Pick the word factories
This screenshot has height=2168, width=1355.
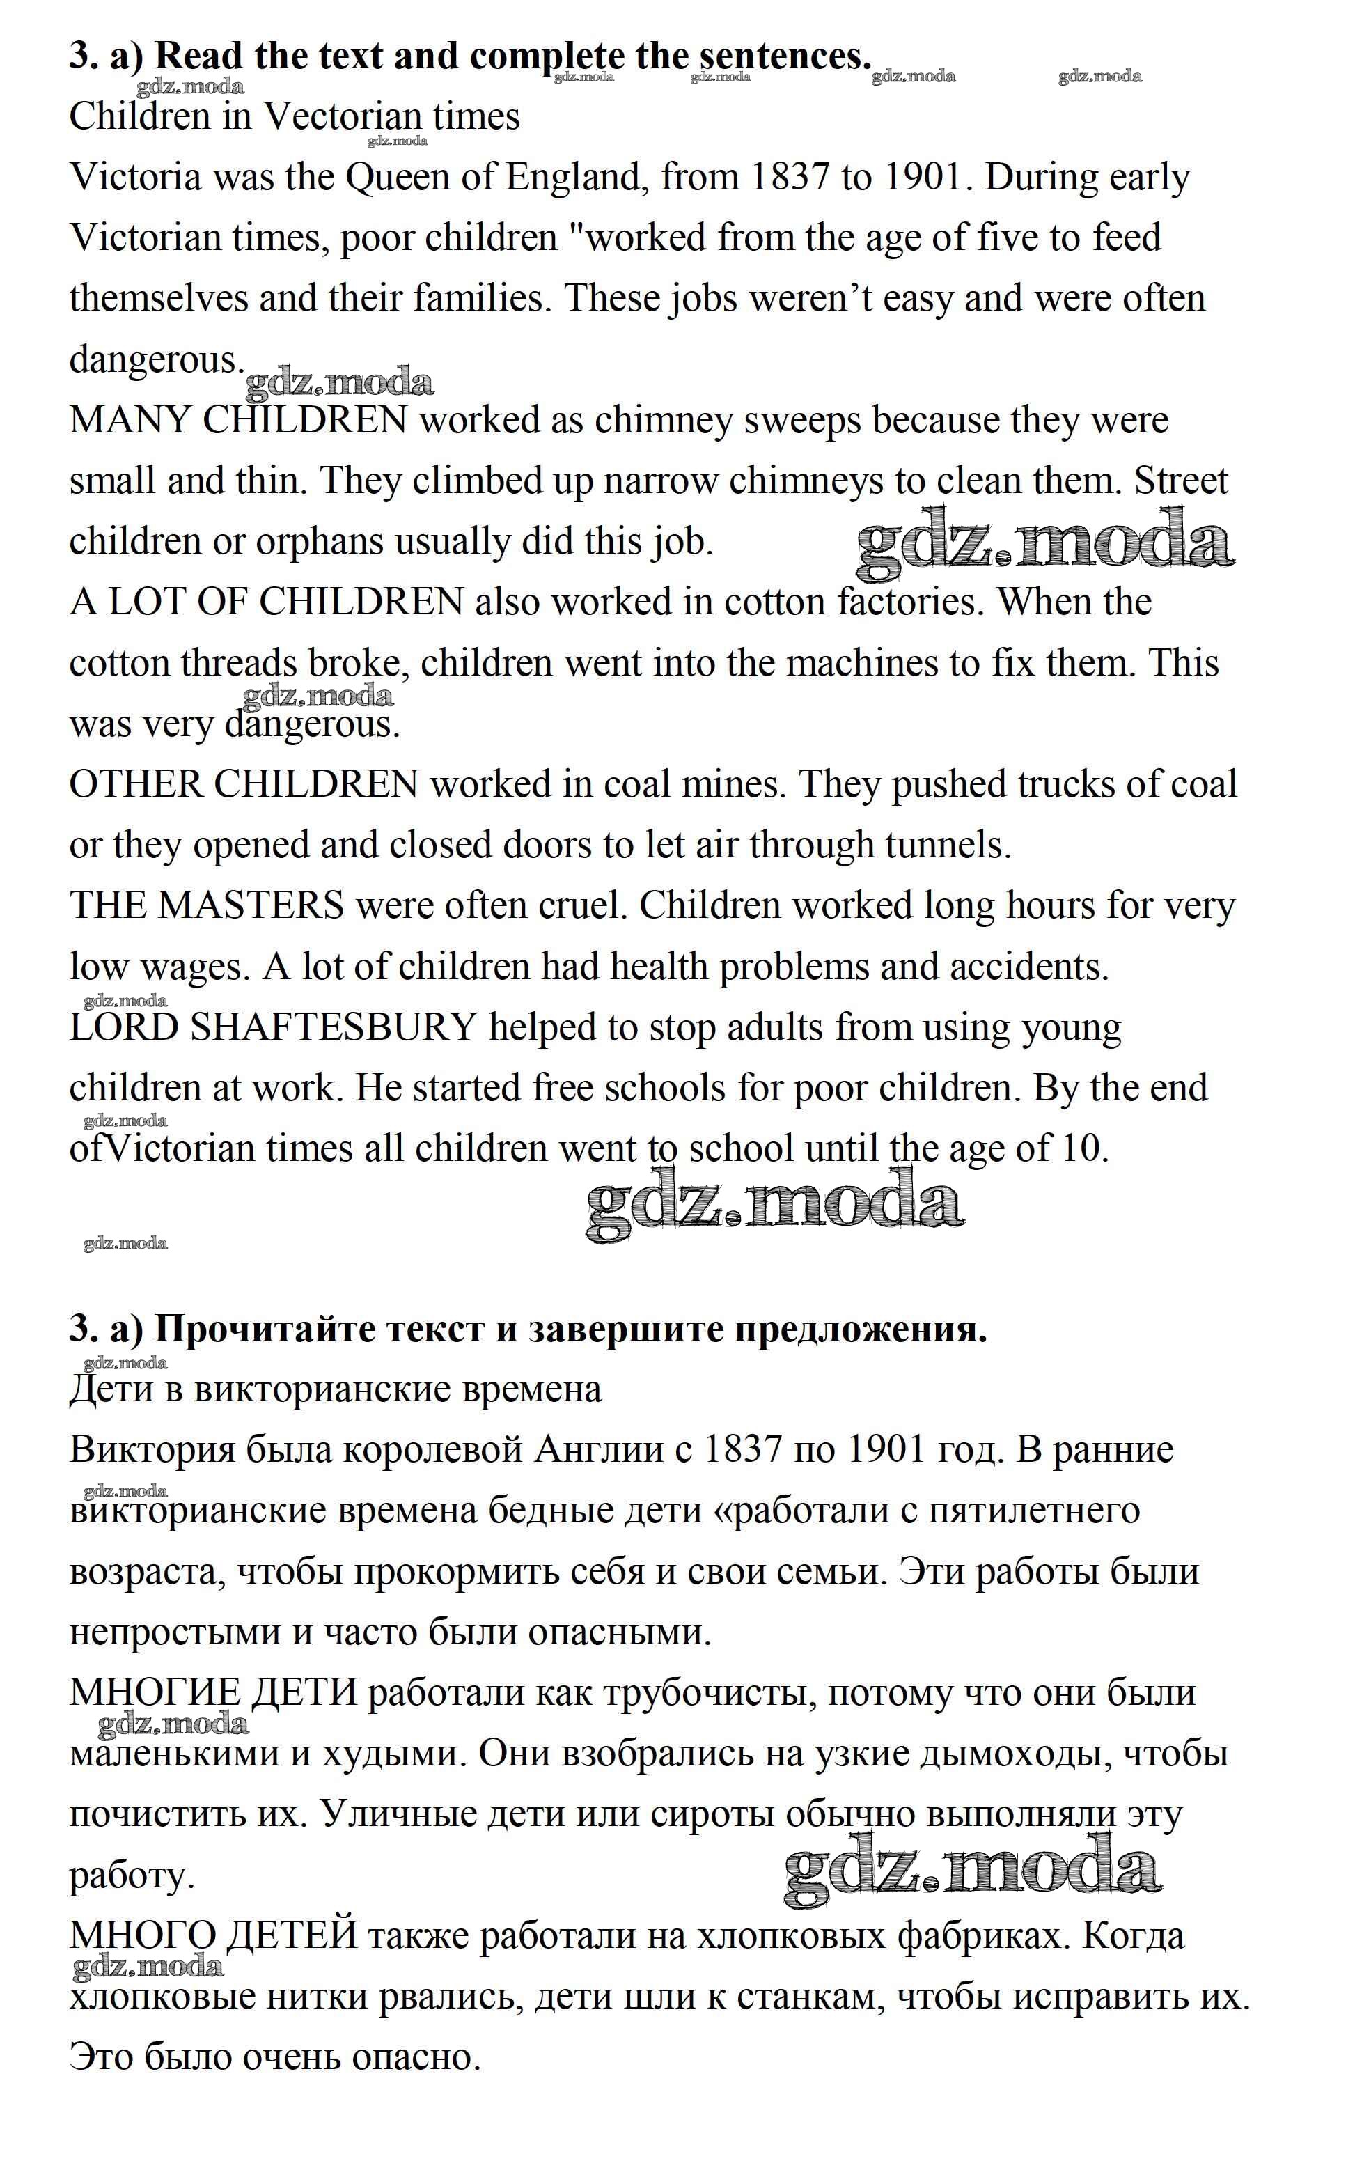(911, 602)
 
